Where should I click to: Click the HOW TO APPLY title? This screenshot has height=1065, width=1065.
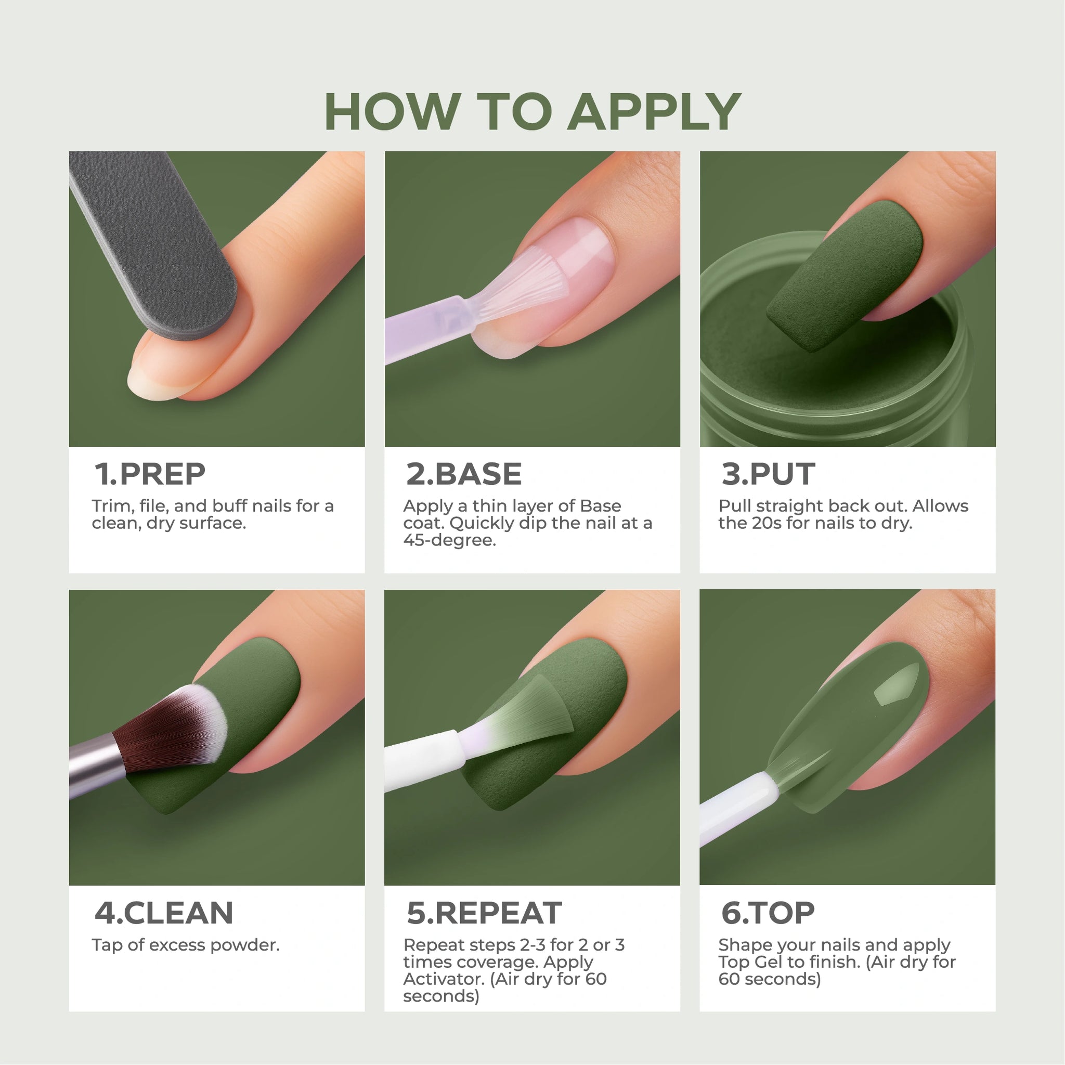tap(532, 111)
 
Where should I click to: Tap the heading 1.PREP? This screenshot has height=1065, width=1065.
tap(150, 474)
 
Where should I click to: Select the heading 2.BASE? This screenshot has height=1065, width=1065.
tap(464, 474)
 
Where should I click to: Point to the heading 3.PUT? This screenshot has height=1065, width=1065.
tap(768, 474)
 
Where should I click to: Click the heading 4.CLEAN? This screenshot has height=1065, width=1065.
tap(164, 913)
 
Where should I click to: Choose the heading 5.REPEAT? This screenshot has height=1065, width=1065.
tap(484, 913)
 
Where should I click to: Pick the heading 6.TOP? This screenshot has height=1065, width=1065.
tap(768, 913)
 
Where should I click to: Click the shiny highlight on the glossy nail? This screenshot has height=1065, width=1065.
tap(896, 683)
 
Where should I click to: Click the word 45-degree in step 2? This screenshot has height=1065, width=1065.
tap(449, 540)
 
